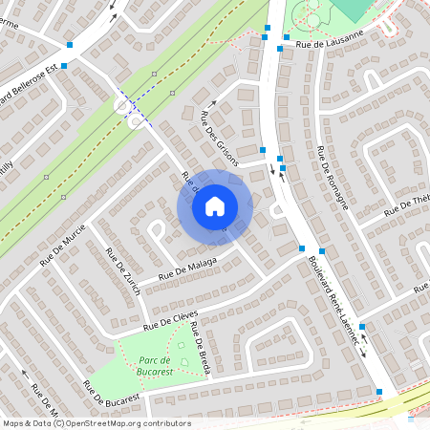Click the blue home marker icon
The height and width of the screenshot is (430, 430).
click(x=215, y=205)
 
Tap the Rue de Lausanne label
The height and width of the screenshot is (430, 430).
click(x=330, y=39)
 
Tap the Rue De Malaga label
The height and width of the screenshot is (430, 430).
click(x=188, y=267)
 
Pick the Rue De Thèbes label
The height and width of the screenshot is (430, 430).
click(x=407, y=207)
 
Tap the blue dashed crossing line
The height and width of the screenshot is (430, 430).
click(x=134, y=108)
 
